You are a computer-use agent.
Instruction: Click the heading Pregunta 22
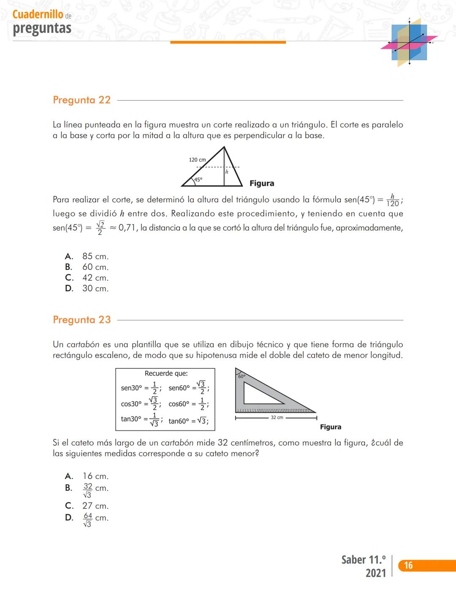tap(81, 100)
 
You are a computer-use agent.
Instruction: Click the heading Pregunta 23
tap(81, 320)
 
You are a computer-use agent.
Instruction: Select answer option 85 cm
tap(95, 256)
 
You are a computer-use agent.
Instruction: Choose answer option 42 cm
tap(95, 278)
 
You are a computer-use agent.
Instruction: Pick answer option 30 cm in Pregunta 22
tap(95, 288)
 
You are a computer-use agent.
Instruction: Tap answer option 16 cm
tap(95, 476)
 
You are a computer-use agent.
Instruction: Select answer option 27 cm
tap(95, 506)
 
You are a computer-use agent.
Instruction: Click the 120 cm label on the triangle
tap(197, 160)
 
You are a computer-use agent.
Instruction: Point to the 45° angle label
tap(198, 180)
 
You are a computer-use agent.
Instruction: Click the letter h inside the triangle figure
tap(227, 172)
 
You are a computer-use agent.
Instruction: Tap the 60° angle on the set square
tap(242, 376)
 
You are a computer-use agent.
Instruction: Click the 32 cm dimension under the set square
tap(277, 417)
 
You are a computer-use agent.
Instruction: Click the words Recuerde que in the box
tap(166, 374)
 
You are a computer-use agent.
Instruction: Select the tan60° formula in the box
tap(188, 421)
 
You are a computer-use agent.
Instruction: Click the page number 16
tap(408, 565)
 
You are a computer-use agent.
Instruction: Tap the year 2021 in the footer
tap(375, 573)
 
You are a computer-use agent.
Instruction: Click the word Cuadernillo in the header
tap(38, 14)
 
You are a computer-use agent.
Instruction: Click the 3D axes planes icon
tap(409, 42)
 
